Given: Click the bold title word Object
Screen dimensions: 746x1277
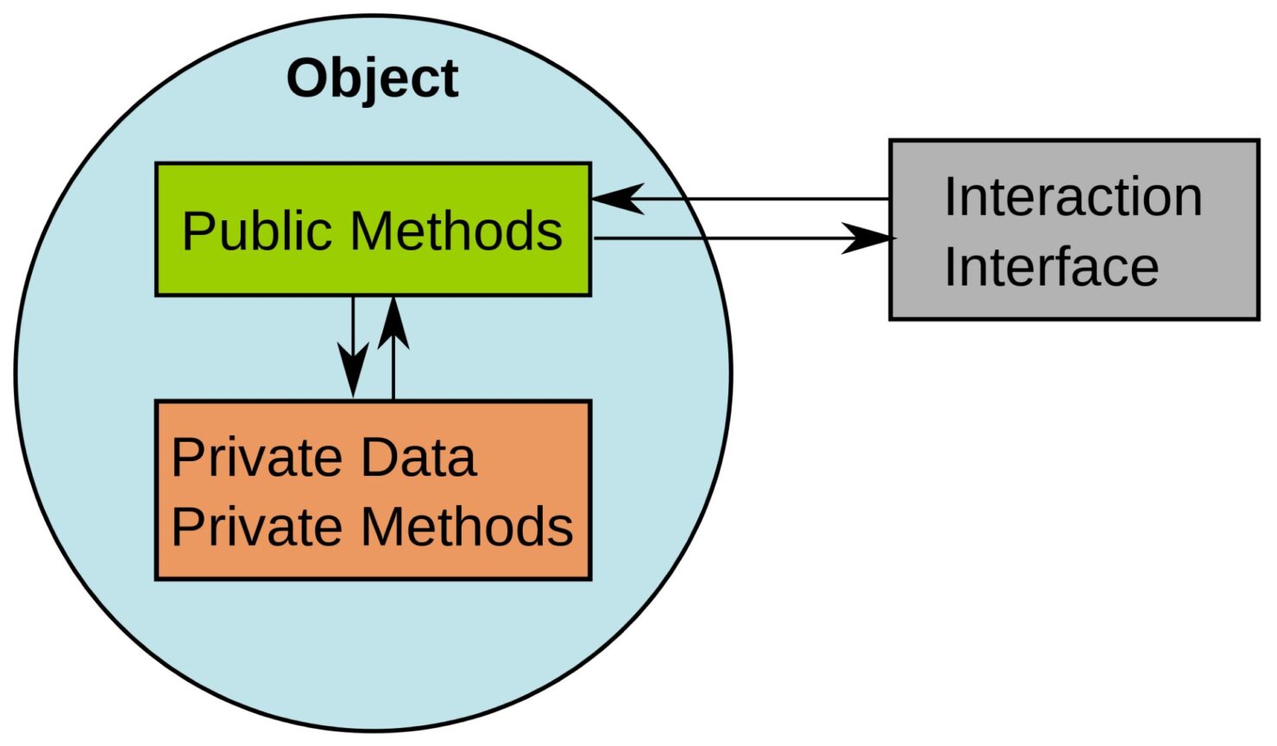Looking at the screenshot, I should [x=372, y=79].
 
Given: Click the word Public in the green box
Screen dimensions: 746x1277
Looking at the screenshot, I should [x=259, y=231].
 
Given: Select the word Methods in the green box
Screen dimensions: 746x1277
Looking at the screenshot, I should [x=456, y=231].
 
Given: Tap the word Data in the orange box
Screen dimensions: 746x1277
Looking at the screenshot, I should [x=418, y=458].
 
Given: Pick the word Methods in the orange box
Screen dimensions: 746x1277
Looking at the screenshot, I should [x=467, y=527].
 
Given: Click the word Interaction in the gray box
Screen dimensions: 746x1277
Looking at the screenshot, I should [x=1073, y=197].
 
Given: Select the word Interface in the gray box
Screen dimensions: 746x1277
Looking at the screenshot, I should [x=1051, y=267].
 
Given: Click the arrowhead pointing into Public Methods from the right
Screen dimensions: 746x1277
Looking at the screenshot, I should [x=614, y=199].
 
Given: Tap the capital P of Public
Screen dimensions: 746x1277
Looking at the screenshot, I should [x=196, y=231].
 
